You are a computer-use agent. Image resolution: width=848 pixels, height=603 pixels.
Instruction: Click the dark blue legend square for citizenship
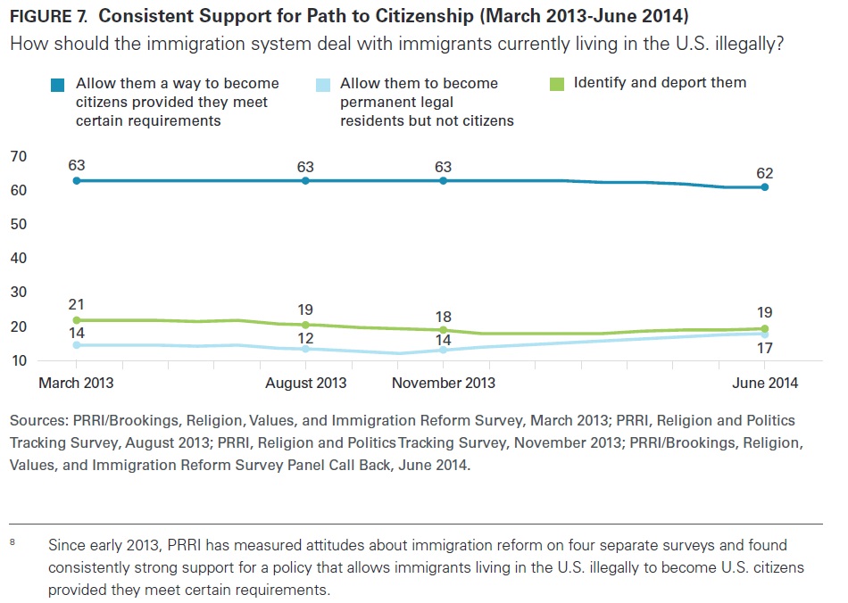point(59,85)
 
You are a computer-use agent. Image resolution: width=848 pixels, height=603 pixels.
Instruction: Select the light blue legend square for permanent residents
point(324,85)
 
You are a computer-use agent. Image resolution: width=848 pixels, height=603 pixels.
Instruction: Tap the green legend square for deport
point(556,84)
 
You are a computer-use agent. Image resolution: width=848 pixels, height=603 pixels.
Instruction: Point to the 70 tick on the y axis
point(18,157)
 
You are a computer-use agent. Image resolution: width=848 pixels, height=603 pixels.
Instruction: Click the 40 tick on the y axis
point(18,259)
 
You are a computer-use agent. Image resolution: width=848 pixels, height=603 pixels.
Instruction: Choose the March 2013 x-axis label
point(76,383)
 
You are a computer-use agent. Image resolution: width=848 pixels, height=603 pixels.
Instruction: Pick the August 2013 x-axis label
point(307,383)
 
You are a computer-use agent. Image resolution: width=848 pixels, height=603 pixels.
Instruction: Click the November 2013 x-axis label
point(444,383)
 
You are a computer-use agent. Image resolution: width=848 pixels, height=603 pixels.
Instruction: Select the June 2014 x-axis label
point(764,383)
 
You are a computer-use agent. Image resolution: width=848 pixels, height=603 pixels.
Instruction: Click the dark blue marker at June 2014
point(765,187)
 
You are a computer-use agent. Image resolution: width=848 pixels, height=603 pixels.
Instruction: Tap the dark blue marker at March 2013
point(77,181)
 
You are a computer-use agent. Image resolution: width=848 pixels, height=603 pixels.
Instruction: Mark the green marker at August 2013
point(306,325)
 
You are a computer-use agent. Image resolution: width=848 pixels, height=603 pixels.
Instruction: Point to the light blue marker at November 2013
point(444,350)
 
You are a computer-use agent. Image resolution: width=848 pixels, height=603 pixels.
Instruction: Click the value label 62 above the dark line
point(764,173)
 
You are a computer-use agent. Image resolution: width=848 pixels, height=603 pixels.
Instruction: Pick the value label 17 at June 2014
point(764,348)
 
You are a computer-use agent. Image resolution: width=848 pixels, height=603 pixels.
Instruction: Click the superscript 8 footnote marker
point(12,541)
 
